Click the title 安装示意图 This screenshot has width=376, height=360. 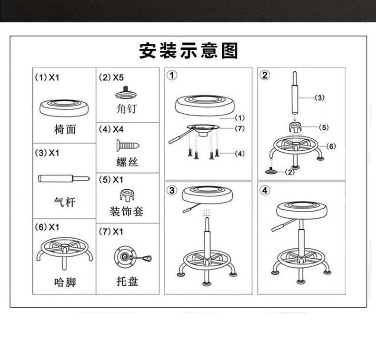(x=188, y=50)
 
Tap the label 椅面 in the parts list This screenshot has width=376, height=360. (x=65, y=129)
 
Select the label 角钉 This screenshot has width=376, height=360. (x=127, y=109)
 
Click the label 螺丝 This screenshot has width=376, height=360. (x=127, y=162)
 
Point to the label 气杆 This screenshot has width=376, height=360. (x=65, y=203)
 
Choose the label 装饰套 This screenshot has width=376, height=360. (x=127, y=211)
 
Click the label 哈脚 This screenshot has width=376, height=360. (x=65, y=282)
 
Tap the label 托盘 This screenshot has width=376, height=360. (x=127, y=282)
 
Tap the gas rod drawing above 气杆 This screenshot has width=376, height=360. (x=64, y=178)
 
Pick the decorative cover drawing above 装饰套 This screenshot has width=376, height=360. (x=127, y=194)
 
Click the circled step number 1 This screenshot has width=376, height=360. (x=172, y=75)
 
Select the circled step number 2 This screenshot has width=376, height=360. (x=265, y=75)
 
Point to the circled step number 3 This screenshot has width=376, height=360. (x=172, y=191)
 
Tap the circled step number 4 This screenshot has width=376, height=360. (x=265, y=191)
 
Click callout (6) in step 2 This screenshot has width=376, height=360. (x=331, y=146)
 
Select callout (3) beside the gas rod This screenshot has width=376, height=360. (x=319, y=97)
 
